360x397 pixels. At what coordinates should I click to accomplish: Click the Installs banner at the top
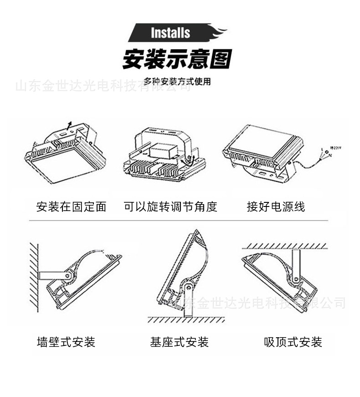[170, 33]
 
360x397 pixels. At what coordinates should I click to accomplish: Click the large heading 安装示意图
[177, 60]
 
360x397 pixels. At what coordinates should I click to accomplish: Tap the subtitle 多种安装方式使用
[177, 82]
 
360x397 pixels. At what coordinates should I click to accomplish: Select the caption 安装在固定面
[71, 206]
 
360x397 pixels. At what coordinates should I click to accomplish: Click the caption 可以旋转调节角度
[170, 206]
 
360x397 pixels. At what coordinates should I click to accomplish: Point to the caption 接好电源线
[276, 206]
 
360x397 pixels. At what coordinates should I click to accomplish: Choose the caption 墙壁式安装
[66, 342]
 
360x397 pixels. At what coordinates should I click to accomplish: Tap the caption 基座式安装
[180, 342]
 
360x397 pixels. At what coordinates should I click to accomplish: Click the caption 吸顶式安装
[293, 342]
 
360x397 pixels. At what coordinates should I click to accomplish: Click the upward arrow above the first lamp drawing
[69, 126]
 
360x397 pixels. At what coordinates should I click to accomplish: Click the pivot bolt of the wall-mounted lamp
[68, 275]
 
